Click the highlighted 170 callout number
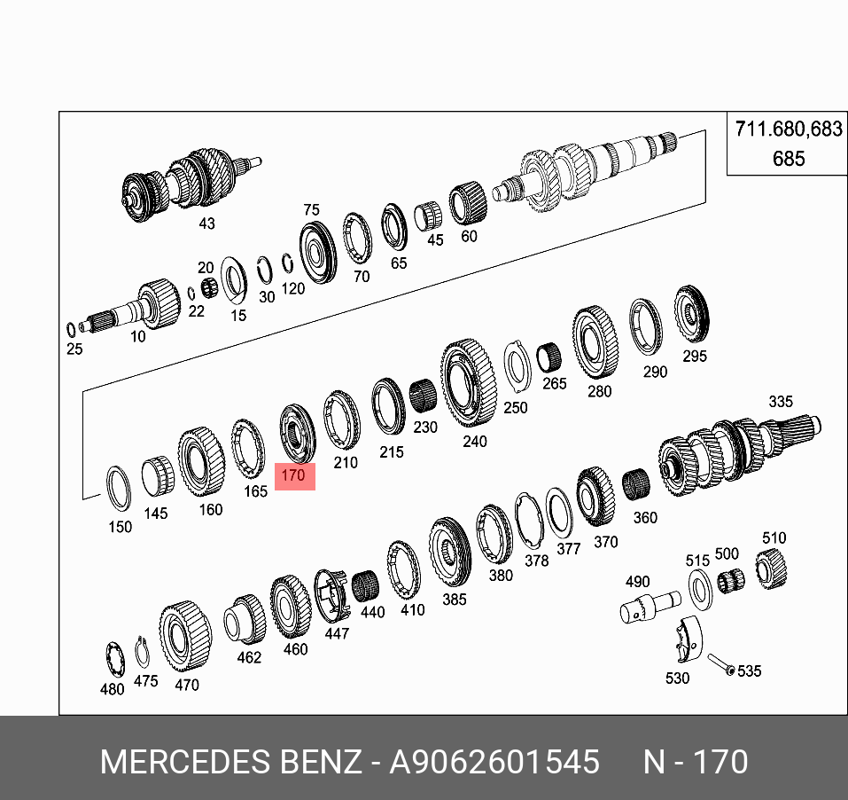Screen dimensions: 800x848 293,475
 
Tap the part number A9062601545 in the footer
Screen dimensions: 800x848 494,762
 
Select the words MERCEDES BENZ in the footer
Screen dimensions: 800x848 230,762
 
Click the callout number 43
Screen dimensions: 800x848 206,224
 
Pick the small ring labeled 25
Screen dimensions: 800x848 72,329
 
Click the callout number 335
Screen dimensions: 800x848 780,402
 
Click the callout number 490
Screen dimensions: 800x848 638,582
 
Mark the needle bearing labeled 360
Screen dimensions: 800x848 637,487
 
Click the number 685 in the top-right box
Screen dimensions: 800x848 788,159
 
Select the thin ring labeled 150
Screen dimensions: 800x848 117,488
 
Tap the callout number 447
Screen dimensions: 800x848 337,633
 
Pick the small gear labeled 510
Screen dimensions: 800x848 772,568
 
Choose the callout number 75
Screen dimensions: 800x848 311,210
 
